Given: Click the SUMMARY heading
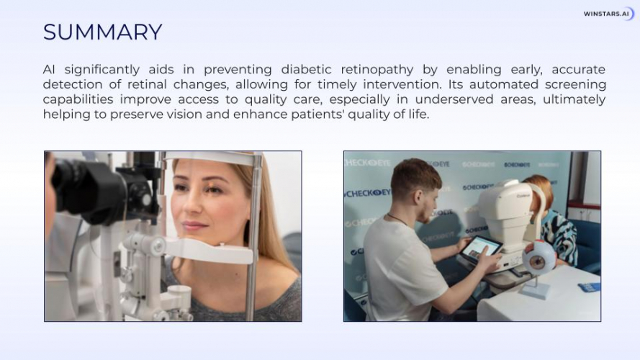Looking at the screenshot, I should click(102, 32).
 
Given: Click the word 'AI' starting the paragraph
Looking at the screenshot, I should click(49, 70).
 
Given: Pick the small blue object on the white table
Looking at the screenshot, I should click(589, 287).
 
